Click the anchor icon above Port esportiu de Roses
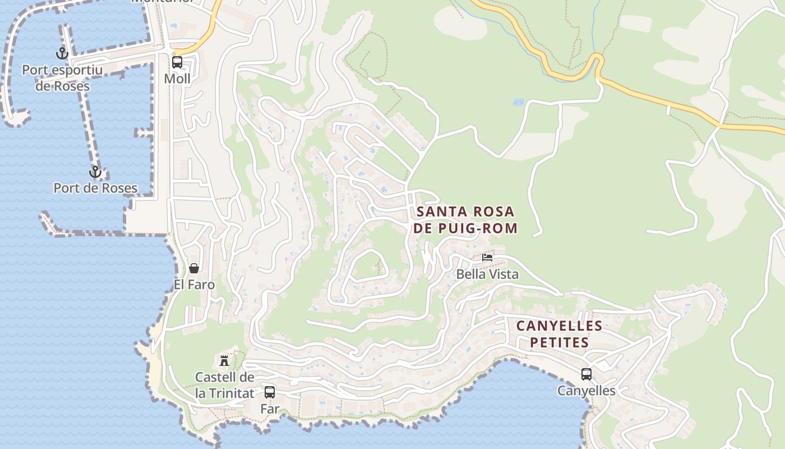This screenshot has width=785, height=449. (62, 53)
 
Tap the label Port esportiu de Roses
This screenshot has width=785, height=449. (62, 78)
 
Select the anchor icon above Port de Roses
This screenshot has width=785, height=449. (95, 172)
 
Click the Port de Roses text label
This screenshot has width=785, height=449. (95, 188)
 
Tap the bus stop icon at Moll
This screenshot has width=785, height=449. (177, 62)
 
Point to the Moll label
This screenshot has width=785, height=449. (177, 79)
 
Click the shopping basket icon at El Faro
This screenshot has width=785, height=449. (194, 268)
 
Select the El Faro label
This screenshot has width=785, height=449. (194, 285)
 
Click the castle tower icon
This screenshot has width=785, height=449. (224, 360)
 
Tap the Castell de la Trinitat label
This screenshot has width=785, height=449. (224, 385)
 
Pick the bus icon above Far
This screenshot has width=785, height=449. (270, 392)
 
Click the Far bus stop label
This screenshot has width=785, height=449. (270, 409)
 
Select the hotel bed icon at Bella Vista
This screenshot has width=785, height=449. (487, 258)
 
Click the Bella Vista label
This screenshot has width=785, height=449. (487, 274)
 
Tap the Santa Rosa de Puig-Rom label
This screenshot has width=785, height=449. (465, 219)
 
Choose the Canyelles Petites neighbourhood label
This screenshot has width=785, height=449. (559, 334)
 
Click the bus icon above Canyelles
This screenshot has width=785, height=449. (586, 374)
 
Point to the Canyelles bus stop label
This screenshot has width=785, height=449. (586, 391)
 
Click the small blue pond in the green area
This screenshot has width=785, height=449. (518, 103)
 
